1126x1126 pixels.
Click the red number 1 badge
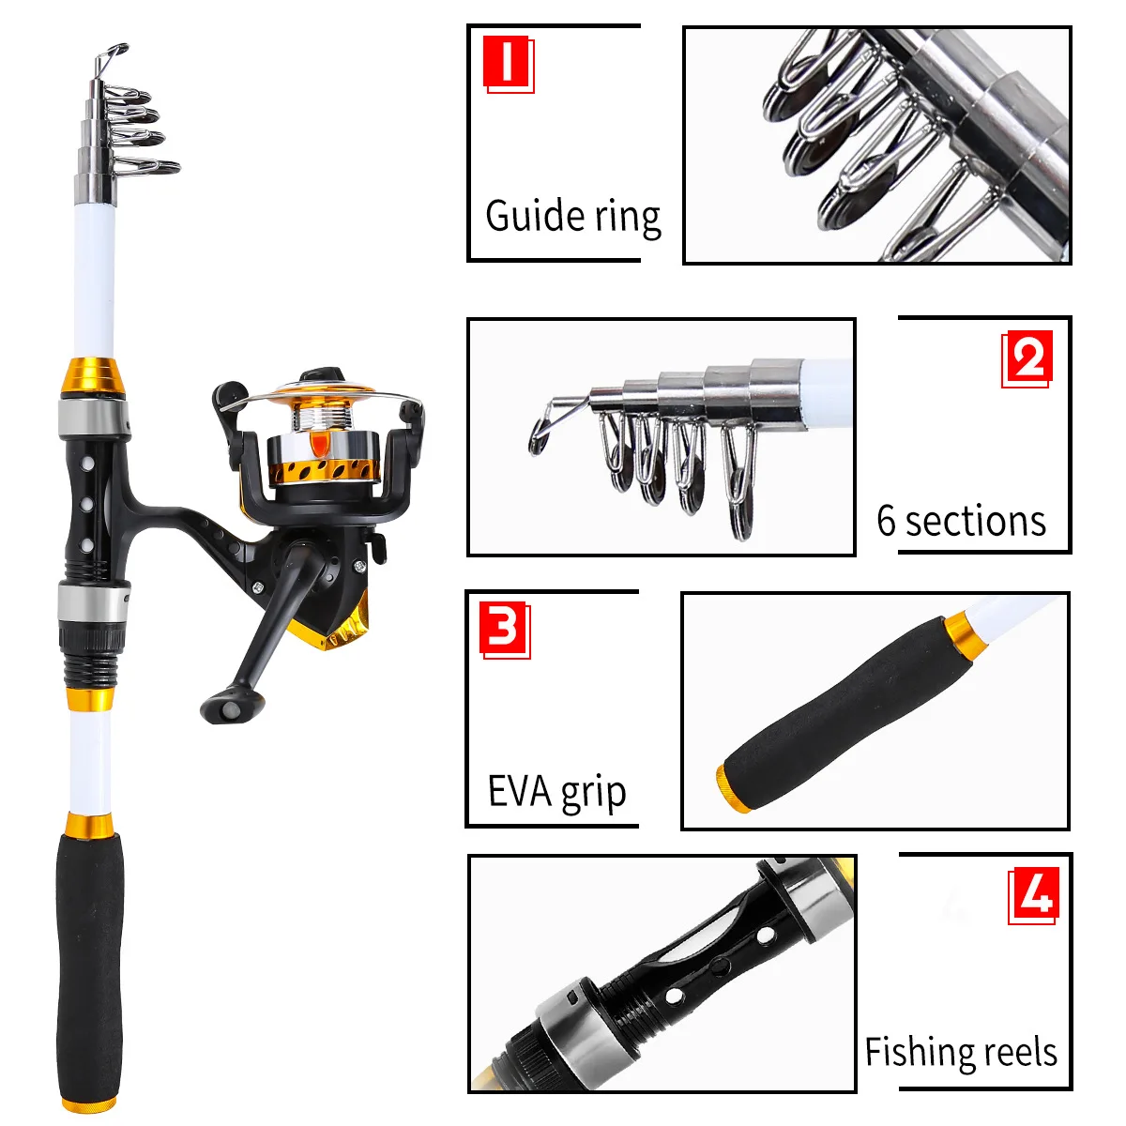509,64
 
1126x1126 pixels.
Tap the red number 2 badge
1027,358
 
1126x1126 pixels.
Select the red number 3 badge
505,631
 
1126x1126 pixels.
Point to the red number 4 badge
1033,896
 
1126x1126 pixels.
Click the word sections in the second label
975,521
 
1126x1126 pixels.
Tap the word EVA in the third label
519,791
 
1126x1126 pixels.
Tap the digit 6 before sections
886,521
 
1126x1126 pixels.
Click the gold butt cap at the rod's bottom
89,1103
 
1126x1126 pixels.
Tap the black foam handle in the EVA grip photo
846,710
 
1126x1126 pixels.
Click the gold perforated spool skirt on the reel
325,470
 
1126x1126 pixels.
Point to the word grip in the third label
593,794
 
